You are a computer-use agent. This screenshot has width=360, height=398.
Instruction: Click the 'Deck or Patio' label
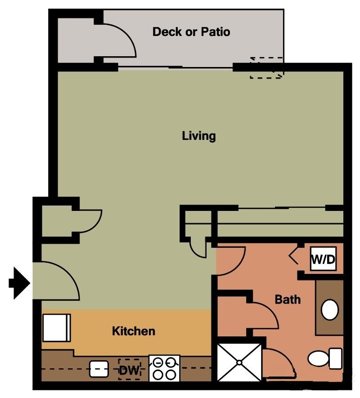tap(191, 32)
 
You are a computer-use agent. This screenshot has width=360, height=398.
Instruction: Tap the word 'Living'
tap(199, 135)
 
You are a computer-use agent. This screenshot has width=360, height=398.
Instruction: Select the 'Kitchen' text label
tap(133, 331)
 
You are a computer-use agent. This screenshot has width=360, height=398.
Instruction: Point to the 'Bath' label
tap(288, 299)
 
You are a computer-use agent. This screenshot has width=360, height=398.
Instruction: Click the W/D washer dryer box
tap(324, 260)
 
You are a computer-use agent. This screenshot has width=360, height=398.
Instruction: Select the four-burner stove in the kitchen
tap(164, 368)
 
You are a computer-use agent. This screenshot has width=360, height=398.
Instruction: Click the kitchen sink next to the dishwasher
tap(99, 369)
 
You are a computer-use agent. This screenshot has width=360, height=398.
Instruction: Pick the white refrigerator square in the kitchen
tap(56, 327)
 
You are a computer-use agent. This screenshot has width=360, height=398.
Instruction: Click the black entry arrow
tap(19, 283)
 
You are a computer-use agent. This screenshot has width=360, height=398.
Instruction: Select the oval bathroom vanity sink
tap(330, 310)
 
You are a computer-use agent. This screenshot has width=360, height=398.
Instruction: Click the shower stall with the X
tap(239, 362)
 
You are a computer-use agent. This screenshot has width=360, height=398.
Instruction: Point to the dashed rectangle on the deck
tap(266, 68)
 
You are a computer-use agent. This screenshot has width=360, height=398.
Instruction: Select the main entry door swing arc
tap(58, 281)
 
